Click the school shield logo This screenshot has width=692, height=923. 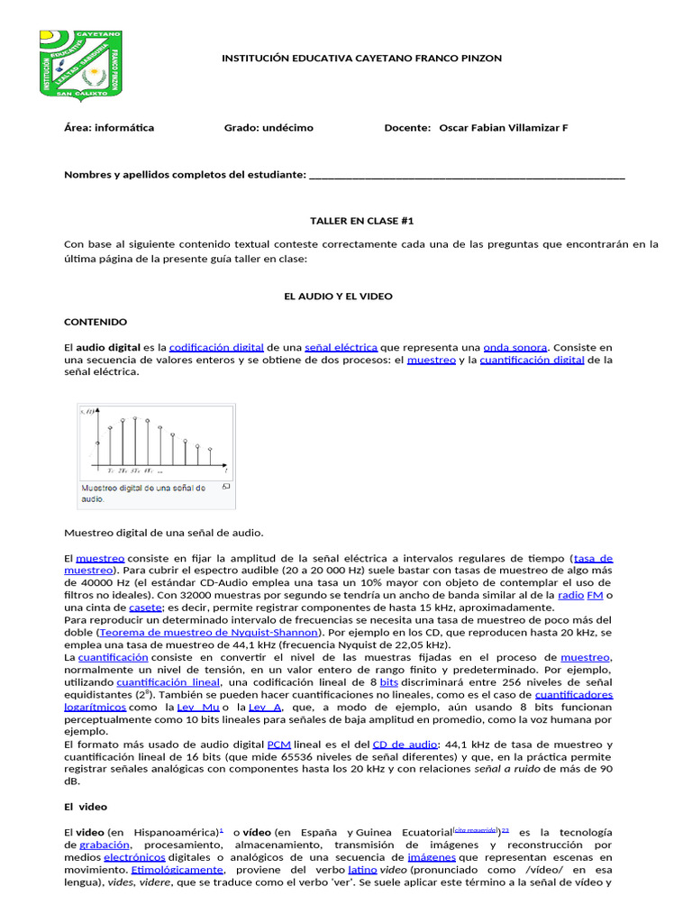(81, 63)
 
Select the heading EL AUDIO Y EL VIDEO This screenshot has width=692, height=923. (338, 296)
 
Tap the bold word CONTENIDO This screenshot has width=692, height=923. (96, 322)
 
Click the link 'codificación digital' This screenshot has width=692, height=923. (216, 347)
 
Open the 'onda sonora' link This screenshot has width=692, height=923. (514, 347)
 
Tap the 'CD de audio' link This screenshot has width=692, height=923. (405, 745)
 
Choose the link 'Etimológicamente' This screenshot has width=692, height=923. (177, 870)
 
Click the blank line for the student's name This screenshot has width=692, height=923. (466, 175)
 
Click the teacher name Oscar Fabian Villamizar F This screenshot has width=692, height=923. (503, 128)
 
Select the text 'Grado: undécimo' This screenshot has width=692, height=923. (269, 128)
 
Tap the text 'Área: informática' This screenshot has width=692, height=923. (109, 128)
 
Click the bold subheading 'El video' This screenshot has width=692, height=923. (86, 807)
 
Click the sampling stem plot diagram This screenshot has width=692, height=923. (155, 442)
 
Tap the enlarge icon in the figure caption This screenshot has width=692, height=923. (225, 487)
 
